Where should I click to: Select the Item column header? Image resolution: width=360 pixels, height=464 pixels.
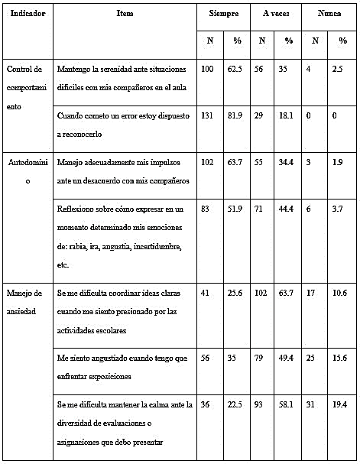[x=125, y=14]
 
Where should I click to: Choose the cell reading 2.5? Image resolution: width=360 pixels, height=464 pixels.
[x=341, y=70]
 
